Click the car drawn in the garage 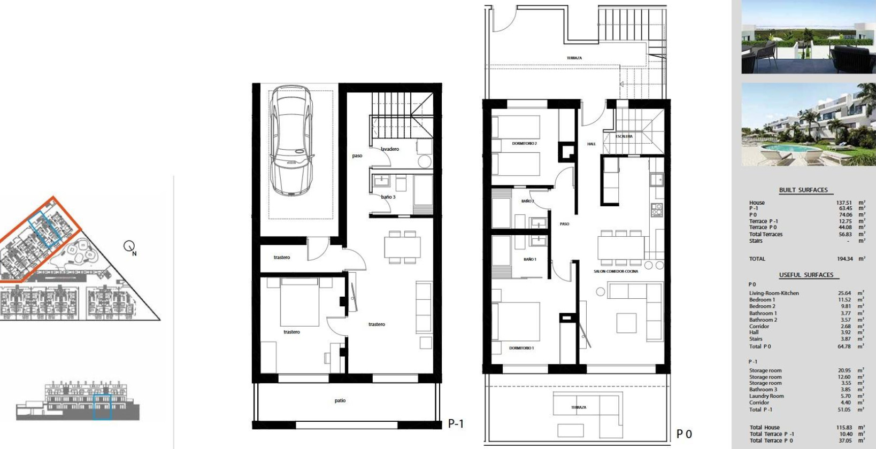click(291, 142)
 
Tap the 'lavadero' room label click(390, 149)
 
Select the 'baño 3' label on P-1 click(388, 197)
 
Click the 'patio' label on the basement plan click(340, 400)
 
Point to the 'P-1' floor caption click(456, 424)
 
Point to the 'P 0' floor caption click(684, 434)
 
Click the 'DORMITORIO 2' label click(524, 144)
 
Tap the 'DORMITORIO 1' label click(521, 348)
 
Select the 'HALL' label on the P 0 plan click(591, 144)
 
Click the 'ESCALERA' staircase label click(624, 136)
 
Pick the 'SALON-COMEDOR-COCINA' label click(616, 272)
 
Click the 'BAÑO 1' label click(529, 259)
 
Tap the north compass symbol click(129, 246)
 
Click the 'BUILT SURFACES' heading click(803, 190)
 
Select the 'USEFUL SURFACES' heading click(806, 275)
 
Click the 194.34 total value click(845, 259)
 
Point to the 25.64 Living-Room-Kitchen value click(845, 293)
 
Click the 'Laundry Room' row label click(766, 396)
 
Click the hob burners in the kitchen click(657, 210)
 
